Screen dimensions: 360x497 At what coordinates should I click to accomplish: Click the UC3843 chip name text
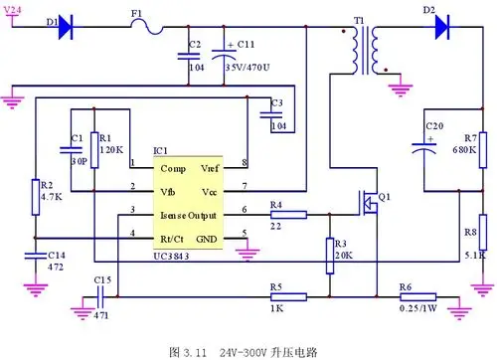pos(174,257)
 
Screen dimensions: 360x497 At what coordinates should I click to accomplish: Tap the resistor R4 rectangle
pos(289,213)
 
